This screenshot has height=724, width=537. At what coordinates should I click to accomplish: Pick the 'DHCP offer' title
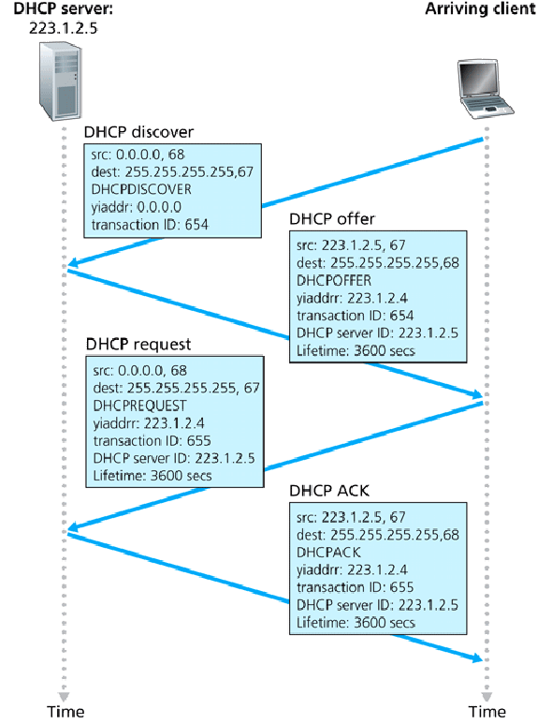tap(332, 219)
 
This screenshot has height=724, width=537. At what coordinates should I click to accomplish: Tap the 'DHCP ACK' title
tap(329, 491)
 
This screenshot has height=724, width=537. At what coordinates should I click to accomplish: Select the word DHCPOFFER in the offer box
tap(334, 280)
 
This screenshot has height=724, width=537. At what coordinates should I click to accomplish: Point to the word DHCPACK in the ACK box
tap(328, 552)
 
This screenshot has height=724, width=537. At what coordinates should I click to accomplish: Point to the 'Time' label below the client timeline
tap(485, 712)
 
